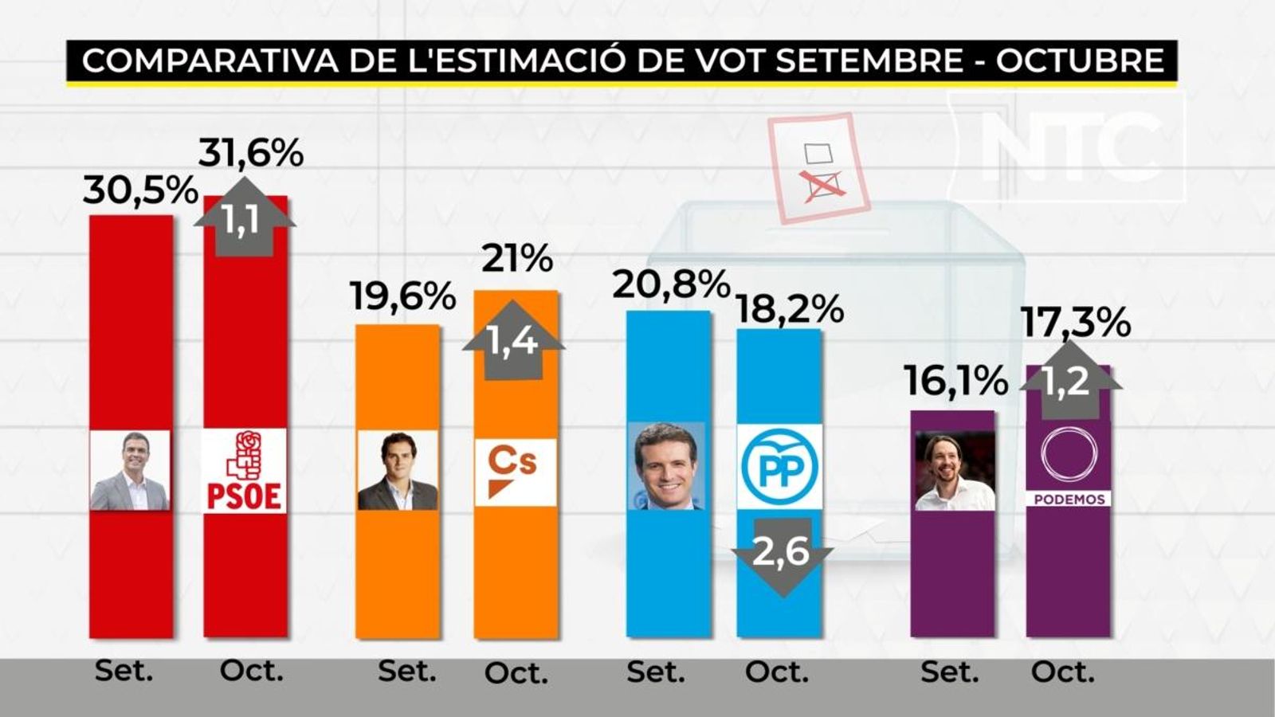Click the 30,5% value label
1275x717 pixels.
140,191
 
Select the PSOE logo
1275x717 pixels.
245,471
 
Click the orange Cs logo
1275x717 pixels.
515,471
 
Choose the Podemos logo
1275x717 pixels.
1069,468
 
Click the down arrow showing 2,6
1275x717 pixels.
783,555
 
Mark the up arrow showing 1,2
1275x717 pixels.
1070,378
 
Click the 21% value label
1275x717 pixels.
517,259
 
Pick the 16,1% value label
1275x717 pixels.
955,382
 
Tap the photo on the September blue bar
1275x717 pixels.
668,467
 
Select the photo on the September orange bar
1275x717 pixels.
398,471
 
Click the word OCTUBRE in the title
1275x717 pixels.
1081,61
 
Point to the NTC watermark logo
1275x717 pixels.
1068,147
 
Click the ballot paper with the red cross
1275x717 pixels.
818,168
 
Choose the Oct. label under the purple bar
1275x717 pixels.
1063,672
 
